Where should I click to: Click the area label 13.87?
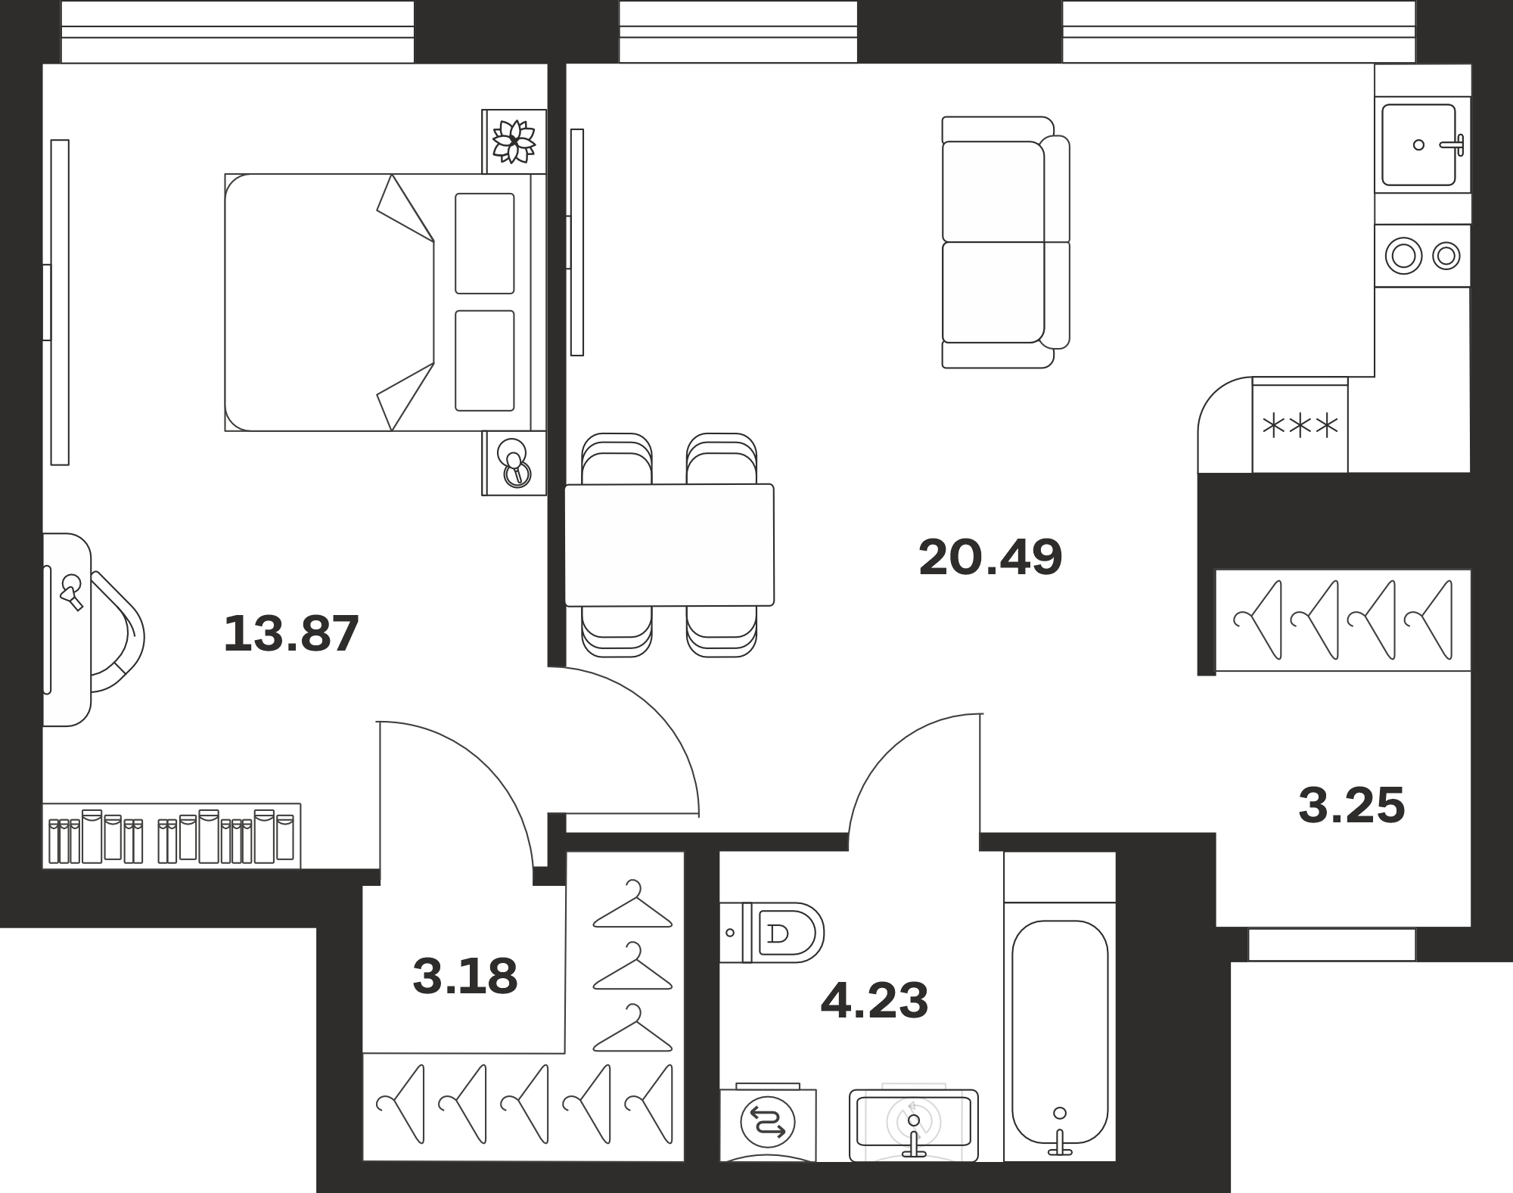[291, 633]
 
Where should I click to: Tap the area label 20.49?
[990, 558]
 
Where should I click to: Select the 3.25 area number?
[1352, 805]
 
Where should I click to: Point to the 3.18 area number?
[465, 976]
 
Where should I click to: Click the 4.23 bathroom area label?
[874, 1000]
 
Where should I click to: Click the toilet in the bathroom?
[772, 932]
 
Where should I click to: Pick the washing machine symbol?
[768, 1123]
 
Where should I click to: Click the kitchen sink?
[1419, 144]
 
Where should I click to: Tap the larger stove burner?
[1403, 256]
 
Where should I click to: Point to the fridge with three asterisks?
[1300, 426]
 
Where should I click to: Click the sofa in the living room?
[1005, 242]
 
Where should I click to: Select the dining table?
[670, 545]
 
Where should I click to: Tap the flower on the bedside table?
[514, 141]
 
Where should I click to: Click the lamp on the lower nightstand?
[514, 464]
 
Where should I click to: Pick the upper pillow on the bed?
[485, 243]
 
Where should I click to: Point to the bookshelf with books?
[172, 835]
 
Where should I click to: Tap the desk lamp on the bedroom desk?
[72, 591]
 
